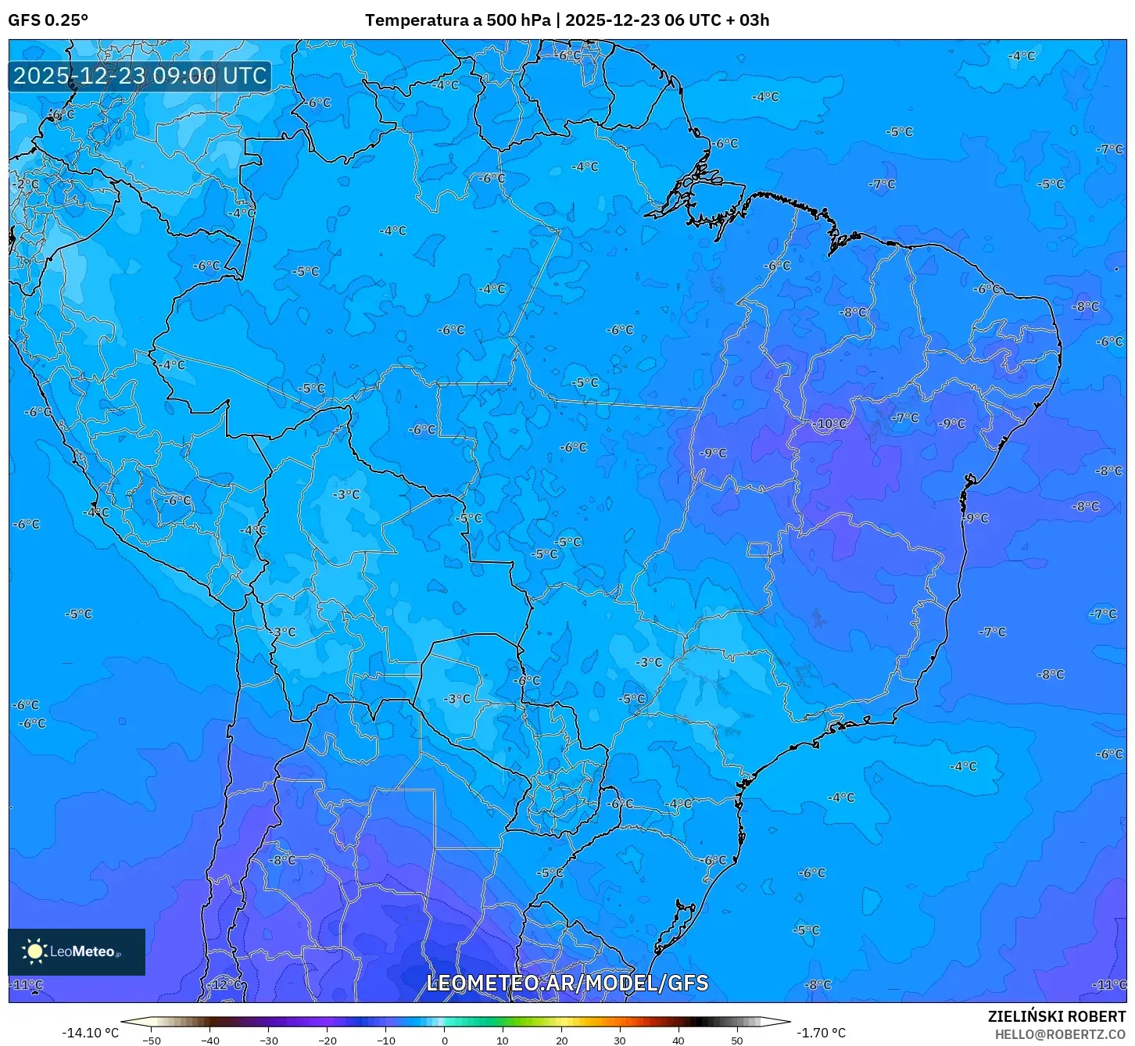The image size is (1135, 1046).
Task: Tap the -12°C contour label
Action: [227, 984]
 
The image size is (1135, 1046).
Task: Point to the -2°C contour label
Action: [27, 184]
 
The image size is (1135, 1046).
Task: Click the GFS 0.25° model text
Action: [48, 20]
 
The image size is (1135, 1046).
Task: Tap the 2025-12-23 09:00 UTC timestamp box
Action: [140, 76]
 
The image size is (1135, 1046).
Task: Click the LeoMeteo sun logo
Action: [34, 951]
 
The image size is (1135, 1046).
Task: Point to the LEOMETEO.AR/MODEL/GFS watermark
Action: [567, 983]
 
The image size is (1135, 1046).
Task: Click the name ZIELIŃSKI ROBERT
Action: [1057, 1016]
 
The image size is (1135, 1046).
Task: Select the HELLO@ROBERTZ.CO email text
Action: [1060, 1034]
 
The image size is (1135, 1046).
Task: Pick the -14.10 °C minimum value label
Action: [91, 1033]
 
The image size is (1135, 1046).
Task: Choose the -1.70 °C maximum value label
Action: [821, 1033]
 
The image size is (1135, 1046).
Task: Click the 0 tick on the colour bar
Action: [444, 1041]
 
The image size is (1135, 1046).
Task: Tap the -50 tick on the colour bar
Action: [152, 1041]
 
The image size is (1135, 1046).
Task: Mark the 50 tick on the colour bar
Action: [737, 1041]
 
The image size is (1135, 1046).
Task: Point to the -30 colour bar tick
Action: [268, 1041]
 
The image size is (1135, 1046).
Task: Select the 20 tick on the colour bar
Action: [561, 1041]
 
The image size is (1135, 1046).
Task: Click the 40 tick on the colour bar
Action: [678, 1041]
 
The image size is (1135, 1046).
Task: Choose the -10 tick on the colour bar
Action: [385, 1041]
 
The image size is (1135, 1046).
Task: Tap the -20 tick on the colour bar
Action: [327, 1041]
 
